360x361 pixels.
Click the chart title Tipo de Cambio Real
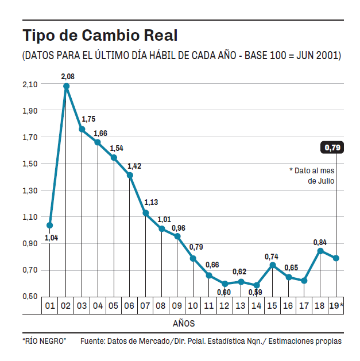tap(100, 35)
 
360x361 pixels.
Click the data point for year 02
tap(66, 86)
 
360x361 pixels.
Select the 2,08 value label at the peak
tap(68, 76)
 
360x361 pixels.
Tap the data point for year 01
tap(50, 225)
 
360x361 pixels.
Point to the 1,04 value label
tap(51, 237)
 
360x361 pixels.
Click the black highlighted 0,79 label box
tap(332, 147)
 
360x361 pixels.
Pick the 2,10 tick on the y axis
tap(30, 84)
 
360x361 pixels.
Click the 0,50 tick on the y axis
tap(30, 296)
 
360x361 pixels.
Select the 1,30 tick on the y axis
tap(30, 191)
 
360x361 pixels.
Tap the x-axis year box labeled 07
tap(145, 306)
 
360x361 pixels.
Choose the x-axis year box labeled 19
tap(335, 306)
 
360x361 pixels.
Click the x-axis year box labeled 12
tap(224, 306)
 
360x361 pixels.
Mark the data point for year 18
tap(320, 251)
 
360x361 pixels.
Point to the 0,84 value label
tap(320, 242)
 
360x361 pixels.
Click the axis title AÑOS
tap(184, 324)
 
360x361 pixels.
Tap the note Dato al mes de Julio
tap(313, 175)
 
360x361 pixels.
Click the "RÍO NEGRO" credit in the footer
tap(44, 341)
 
